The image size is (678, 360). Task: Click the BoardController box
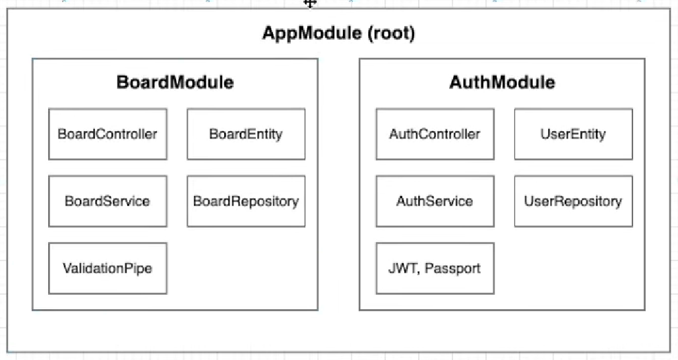coord(108,134)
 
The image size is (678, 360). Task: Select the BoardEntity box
coord(246,134)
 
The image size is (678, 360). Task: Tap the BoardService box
coord(108,201)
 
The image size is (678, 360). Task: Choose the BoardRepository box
coord(246,201)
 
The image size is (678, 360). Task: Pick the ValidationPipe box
coord(108,268)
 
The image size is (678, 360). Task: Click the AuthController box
coord(435,134)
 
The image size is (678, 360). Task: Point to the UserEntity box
coord(573,134)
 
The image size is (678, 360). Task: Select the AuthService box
coord(435,201)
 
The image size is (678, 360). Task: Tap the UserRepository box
coord(573,201)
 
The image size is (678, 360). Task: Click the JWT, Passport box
coord(435,268)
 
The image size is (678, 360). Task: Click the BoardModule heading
coord(175,82)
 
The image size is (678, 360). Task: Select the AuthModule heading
coord(502,82)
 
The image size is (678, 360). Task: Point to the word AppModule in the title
coord(312,33)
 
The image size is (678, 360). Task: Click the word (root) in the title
coord(391,33)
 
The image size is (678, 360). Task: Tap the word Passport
coord(452,268)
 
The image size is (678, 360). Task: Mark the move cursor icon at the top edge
coord(310,4)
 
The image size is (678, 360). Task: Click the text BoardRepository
coord(246,201)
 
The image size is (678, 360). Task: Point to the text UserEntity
coord(573,135)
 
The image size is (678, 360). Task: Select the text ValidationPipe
coord(108,268)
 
